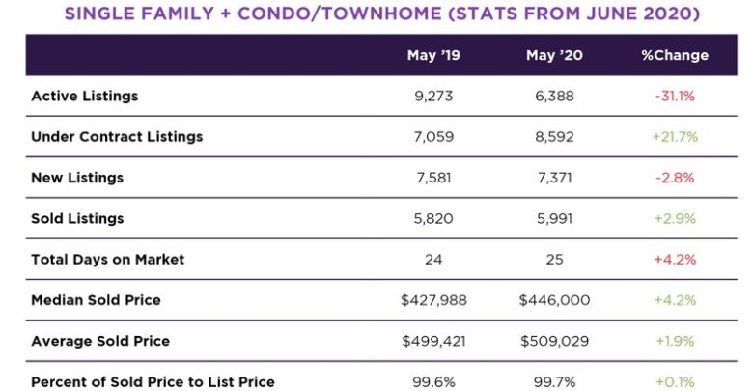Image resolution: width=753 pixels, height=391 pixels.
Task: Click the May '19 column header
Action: click(433, 55)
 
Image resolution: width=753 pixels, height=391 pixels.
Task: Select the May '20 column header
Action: click(553, 55)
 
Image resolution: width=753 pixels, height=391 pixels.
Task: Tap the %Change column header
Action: click(675, 55)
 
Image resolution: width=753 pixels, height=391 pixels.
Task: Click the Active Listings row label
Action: click(84, 97)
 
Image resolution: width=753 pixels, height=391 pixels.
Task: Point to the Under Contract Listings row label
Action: click(117, 137)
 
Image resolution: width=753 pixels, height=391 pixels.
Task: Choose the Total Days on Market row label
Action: click(107, 260)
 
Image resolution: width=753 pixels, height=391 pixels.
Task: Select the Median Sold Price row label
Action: click(96, 300)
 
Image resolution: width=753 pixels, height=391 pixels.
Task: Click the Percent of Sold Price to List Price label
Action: click(153, 382)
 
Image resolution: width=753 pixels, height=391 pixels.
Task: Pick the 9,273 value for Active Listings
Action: click(433, 97)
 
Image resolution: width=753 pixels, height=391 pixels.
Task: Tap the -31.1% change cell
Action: click(675, 97)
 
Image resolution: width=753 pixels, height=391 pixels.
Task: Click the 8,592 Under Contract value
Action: click(553, 137)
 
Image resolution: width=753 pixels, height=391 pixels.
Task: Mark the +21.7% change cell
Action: click(675, 137)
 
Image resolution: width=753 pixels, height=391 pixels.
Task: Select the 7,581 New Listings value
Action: click(433, 178)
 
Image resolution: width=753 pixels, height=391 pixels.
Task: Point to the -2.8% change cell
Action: click(675, 178)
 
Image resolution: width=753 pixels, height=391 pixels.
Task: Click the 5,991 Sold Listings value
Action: click(553, 219)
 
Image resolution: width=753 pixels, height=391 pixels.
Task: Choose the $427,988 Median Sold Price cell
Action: click(433, 300)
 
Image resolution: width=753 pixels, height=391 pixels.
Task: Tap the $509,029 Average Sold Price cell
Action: click(553, 341)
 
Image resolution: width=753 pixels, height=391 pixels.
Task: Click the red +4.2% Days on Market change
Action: click(675, 260)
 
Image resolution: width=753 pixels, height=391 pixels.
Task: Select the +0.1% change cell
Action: click(675, 382)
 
